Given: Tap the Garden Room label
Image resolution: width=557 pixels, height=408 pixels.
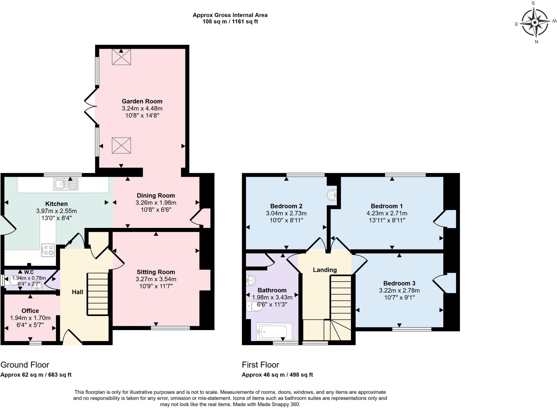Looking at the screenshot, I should click(142, 101).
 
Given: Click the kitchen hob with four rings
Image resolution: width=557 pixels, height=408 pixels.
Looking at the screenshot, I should click(48, 250).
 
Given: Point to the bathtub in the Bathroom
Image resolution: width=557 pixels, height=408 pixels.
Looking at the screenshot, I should click(275, 332).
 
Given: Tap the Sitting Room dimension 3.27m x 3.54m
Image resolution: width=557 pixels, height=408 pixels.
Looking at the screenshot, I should click(156, 279).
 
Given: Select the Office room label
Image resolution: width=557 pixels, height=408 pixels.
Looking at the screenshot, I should click(30, 311).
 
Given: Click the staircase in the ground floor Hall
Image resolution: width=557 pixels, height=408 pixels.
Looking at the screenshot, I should click(98, 294).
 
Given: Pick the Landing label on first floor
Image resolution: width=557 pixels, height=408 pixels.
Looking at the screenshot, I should click(325, 270).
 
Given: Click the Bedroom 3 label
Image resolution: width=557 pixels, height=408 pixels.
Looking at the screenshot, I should click(399, 283).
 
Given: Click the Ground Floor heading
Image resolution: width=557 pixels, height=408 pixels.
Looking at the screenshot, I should click(25, 365).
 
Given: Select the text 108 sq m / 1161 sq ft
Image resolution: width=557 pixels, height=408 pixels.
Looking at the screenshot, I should click(230, 21).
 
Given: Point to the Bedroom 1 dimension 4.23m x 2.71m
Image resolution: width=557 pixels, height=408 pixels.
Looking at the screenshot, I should click(387, 213).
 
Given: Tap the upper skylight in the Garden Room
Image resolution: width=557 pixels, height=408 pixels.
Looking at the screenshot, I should click(121, 57).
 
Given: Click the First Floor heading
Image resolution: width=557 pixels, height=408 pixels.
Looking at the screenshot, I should click(260, 365).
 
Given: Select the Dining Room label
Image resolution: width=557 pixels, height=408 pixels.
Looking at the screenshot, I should click(156, 196).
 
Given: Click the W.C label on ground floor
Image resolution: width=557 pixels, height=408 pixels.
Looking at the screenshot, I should click(29, 272).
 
